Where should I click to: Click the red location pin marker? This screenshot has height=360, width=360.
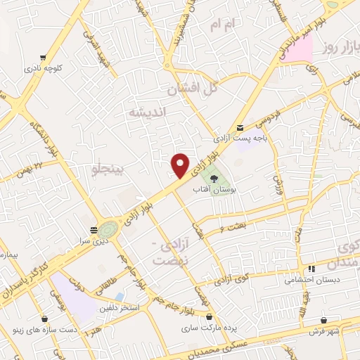point(181,165)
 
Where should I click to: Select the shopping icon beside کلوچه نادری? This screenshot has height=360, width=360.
point(44,57)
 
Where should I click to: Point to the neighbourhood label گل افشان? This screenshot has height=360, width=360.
point(191,90)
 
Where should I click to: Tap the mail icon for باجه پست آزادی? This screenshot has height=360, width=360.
point(240,127)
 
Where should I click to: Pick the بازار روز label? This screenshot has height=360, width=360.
point(338,47)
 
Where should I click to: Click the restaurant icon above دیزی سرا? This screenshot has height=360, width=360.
point(94,229)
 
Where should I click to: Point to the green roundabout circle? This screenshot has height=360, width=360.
point(108,229)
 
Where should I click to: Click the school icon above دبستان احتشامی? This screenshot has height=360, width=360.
point(311,269)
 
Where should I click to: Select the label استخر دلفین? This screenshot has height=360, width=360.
point(120,309)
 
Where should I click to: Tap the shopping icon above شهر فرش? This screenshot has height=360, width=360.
point(323,321)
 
